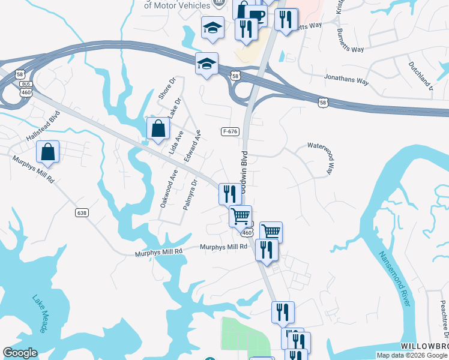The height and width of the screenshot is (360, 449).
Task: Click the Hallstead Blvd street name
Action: pyautogui.click(x=43, y=127)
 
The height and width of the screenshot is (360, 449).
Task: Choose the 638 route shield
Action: pyautogui.click(x=82, y=212)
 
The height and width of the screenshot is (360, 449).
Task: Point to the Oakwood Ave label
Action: pyautogui.click(x=169, y=188)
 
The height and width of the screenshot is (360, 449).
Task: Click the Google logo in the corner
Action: pyautogui.click(x=20, y=353)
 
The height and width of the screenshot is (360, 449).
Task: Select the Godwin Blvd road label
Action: pyautogui.click(x=244, y=174)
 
